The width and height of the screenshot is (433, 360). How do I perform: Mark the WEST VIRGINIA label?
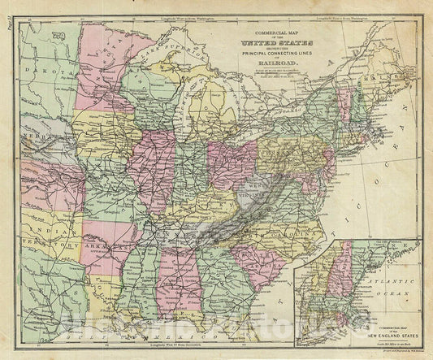[x=262, y=189]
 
